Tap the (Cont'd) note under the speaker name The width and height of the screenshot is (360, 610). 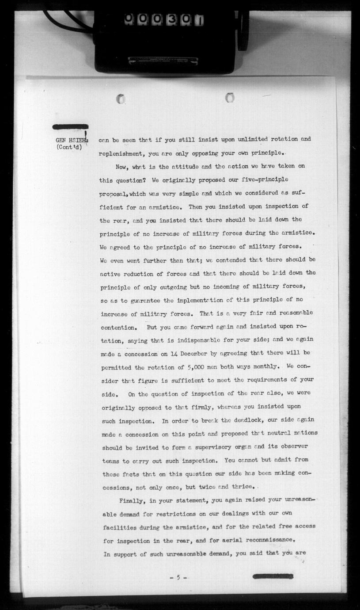coord(70,148)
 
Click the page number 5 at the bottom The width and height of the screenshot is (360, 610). coord(178,577)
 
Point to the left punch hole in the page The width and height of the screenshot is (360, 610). coord(121,99)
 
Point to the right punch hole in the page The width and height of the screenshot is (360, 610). coord(229,98)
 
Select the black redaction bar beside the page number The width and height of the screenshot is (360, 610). coord(273,576)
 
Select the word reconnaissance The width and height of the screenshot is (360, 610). coord(264,540)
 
